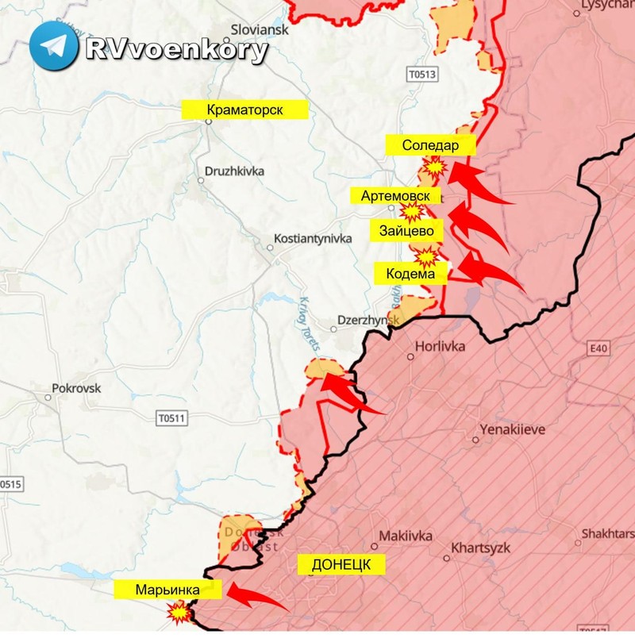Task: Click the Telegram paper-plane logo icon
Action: pyautogui.click(x=53, y=45)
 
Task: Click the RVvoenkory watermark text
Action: pyautogui.click(x=175, y=49)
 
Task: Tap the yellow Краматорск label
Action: pyautogui.click(x=244, y=110)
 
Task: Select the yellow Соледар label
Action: pyautogui.click(x=430, y=145)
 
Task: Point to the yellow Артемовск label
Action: pyautogui.click(x=394, y=195)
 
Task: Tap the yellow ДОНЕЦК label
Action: pyautogui.click(x=341, y=564)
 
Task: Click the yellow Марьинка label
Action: pyautogui.click(x=167, y=590)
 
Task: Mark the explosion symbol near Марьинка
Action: pyautogui.click(x=179, y=613)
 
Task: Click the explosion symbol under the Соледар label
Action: pyautogui.click(x=434, y=167)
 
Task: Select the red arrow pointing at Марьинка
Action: pyautogui.click(x=256, y=596)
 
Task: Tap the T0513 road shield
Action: pyautogui.click(x=421, y=75)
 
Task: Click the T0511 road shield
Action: pyautogui.click(x=171, y=417)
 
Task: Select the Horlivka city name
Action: pyautogui.click(x=441, y=347)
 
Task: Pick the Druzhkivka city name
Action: pyautogui.click(x=234, y=171)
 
